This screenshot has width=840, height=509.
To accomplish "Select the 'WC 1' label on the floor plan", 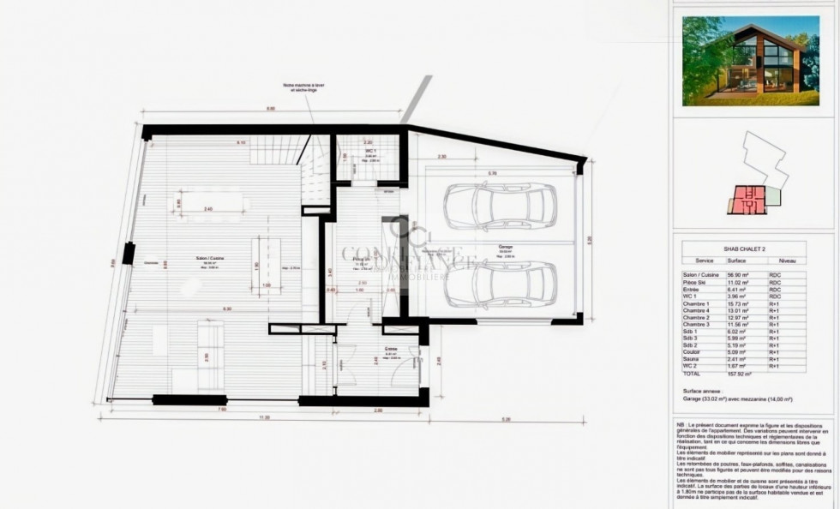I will pos(370,152).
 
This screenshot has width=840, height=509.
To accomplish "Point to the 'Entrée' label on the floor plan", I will pos(390,349).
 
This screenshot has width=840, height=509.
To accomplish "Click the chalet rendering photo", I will pos(750,62).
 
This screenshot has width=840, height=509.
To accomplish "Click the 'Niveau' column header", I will pos(787,260).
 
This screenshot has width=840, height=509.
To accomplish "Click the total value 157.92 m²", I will pos(738,374).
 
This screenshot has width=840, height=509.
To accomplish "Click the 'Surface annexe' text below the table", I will pos(702,390).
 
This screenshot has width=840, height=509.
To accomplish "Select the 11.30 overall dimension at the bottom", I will pos(265,417).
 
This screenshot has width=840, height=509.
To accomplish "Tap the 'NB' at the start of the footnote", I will pos(681,426).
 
